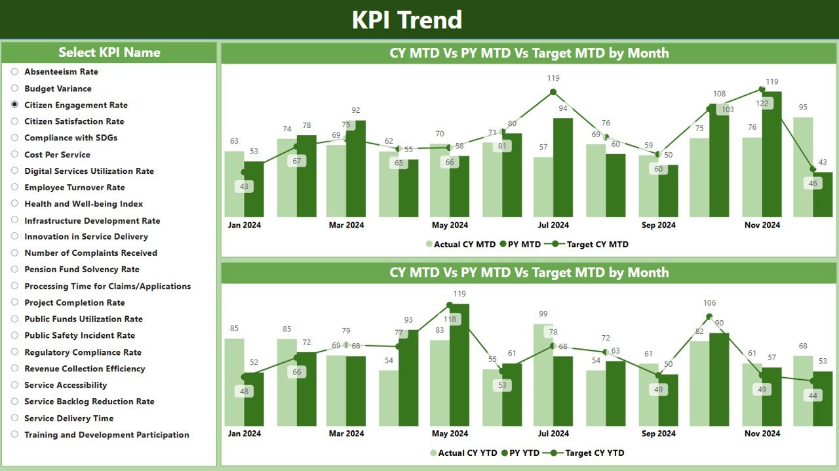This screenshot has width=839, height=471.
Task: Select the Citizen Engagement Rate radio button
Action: coord(14,105)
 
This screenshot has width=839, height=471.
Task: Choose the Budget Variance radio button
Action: coord(14,89)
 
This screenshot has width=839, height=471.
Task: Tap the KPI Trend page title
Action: coord(406,20)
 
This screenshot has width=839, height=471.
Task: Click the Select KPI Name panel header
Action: coord(109,52)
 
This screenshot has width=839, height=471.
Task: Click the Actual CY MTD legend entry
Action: coord(460,244)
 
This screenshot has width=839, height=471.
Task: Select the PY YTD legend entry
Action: coord(522,453)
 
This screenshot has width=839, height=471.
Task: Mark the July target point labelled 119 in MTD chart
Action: coord(553,92)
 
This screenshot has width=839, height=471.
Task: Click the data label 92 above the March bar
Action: coord(356,110)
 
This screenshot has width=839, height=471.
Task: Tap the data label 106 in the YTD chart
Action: coord(709,303)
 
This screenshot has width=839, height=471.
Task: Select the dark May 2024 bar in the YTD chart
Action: coord(459,367)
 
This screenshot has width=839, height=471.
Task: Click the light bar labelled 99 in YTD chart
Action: coord(543,374)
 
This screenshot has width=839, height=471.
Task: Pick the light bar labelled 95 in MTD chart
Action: coord(803,167)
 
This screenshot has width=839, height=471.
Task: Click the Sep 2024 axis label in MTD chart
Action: coord(658,225)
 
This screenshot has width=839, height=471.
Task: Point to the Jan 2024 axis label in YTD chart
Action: coord(244,434)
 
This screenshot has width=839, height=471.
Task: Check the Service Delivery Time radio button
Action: coord(14,418)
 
